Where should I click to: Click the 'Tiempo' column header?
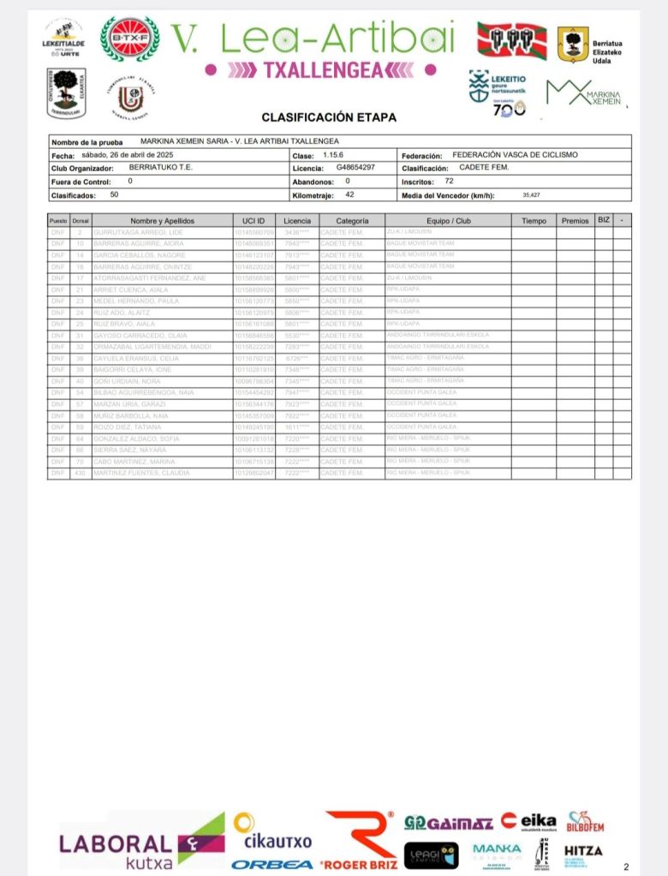tap(534, 220)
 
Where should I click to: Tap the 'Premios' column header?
tap(575, 220)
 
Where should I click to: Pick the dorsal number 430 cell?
tap(80, 473)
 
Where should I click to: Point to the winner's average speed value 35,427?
tap(533, 195)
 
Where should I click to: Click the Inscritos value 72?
tap(449, 182)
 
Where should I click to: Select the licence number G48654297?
tap(355, 168)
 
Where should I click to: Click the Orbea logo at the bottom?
tap(271, 864)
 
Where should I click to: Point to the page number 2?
tap(626, 866)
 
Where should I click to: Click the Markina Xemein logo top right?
tap(584, 92)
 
